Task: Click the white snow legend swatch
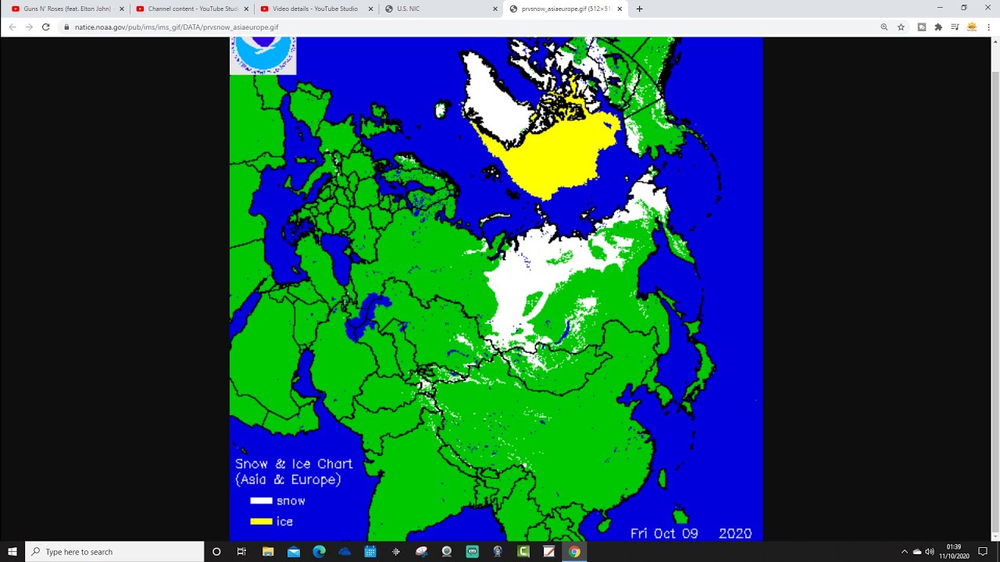tap(261, 501)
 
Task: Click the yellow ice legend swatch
tap(261, 521)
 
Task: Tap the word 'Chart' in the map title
tap(334, 464)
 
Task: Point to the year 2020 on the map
tap(735, 534)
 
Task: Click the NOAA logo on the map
tap(263, 55)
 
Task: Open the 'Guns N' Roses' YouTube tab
tap(67, 9)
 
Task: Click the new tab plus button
tap(640, 9)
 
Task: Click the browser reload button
tap(46, 27)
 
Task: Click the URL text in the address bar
tap(177, 27)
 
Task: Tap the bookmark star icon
tap(901, 27)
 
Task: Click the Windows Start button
tap(12, 552)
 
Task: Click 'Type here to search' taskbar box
tap(114, 552)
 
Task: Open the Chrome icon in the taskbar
tap(574, 552)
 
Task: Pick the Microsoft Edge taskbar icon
tap(319, 552)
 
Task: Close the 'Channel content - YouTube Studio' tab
tap(246, 9)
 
